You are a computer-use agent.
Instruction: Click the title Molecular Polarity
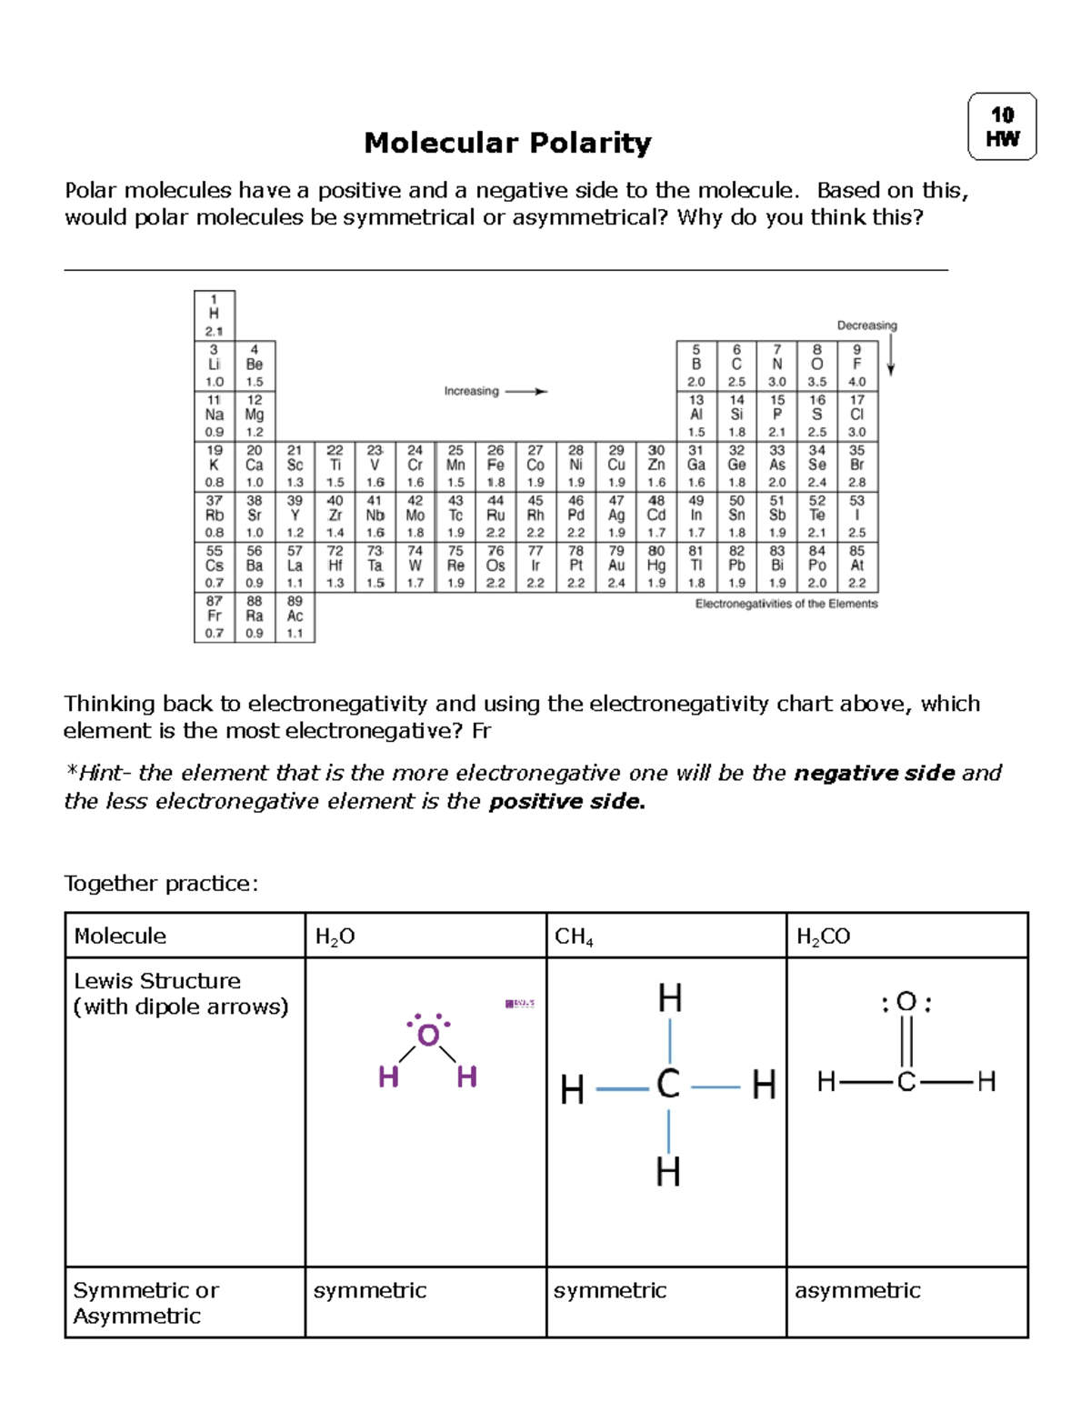pos(507,143)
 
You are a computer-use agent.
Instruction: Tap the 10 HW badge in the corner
pos(1002,126)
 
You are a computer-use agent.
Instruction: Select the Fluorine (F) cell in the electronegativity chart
pos(856,366)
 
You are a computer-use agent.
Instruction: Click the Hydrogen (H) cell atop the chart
pos(215,315)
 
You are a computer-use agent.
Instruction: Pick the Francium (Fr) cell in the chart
pos(215,616)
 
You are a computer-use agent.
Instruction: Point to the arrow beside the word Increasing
pos(526,392)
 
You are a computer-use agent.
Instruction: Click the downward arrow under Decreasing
pos(891,356)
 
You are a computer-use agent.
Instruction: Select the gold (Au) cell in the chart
pos(616,566)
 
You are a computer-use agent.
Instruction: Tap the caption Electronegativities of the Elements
pos(786,604)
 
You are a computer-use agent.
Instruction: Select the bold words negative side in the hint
pos(874,773)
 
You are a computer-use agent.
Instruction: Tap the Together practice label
pos(161,884)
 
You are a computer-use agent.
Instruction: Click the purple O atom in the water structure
pos(428,1035)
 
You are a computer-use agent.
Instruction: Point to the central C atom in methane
pos(668,1085)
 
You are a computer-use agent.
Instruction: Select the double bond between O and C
pos(906,1042)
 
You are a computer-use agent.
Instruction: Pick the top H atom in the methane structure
pos(670,999)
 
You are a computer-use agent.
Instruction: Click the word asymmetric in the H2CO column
pos(857,1290)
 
